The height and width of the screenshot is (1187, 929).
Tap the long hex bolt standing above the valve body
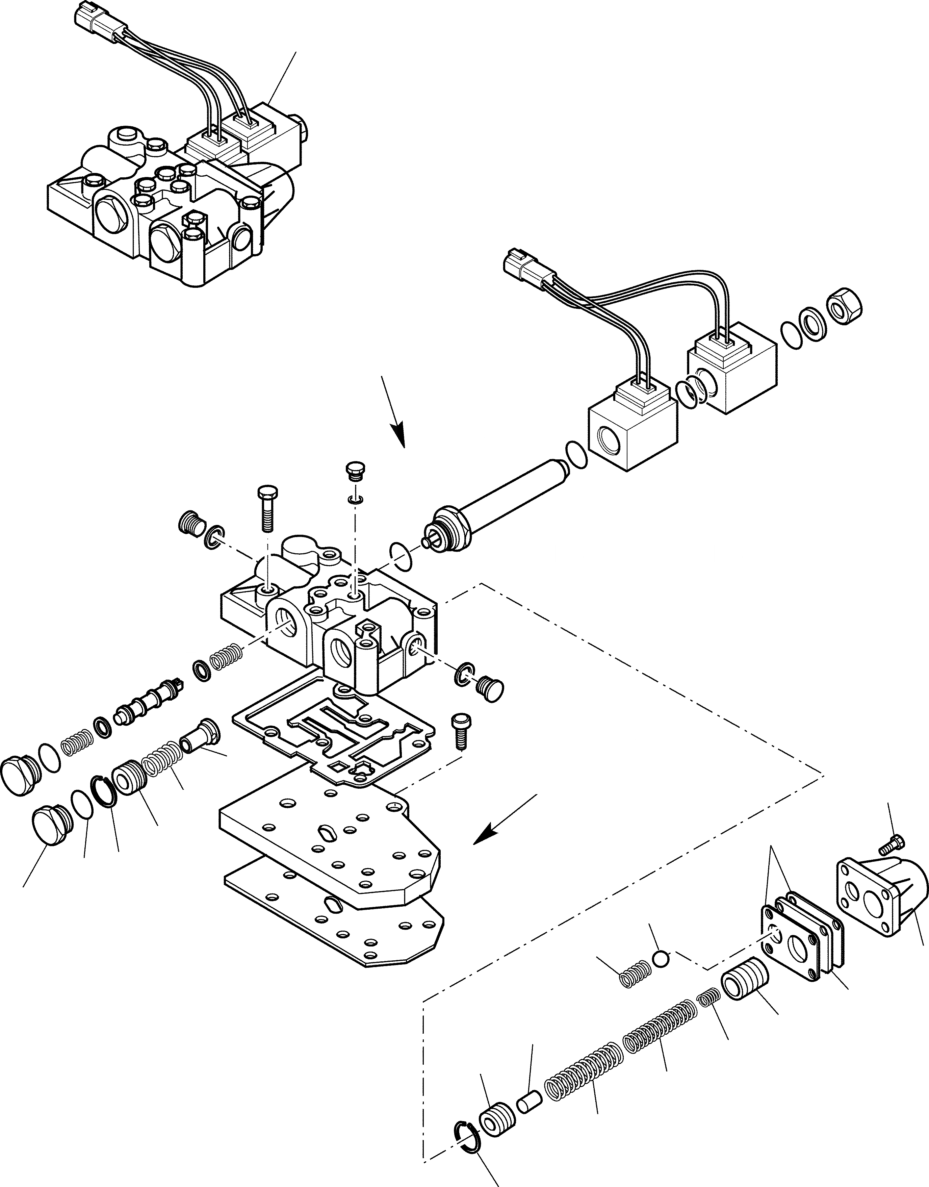(x=267, y=506)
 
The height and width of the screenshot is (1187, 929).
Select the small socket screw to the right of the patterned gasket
(x=461, y=733)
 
